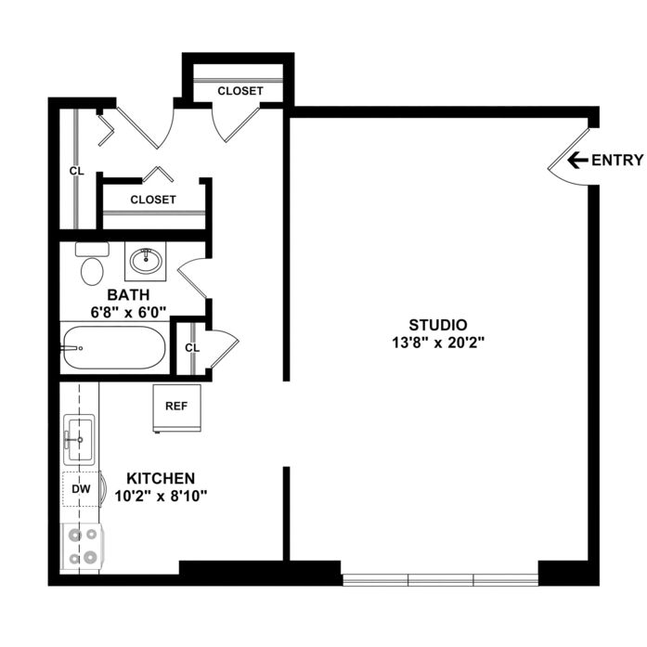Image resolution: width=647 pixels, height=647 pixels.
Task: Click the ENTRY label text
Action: tap(617, 160)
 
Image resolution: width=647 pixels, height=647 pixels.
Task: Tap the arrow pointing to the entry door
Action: tap(577, 160)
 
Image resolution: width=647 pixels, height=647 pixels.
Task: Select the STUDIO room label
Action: tap(438, 325)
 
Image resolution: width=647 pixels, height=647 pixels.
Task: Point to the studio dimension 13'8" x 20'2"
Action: tap(438, 343)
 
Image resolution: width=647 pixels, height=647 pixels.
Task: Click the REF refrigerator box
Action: tap(176, 408)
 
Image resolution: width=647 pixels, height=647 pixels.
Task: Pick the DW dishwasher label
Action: tap(82, 489)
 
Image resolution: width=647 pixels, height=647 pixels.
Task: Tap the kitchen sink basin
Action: tap(79, 440)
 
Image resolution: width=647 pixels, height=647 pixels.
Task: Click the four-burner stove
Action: tap(82, 547)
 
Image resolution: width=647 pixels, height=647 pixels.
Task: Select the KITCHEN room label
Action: tap(161, 479)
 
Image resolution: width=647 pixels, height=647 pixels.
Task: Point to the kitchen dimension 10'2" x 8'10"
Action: tap(161, 497)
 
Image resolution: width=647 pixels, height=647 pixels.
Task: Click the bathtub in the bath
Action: tap(114, 348)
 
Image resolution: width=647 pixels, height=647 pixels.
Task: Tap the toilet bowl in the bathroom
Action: tap(92, 271)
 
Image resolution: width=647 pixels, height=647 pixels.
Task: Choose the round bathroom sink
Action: tap(146, 261)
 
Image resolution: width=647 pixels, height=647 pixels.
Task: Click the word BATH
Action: tap(128, 295)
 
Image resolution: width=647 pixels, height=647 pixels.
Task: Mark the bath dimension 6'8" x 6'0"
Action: tap(128, 312)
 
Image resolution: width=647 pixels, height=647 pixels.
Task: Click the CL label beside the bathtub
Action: tap(192, 348)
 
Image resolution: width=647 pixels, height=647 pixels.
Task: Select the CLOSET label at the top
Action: tap(240, 91)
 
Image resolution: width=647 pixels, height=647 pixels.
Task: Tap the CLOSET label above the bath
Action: tap(153, 200)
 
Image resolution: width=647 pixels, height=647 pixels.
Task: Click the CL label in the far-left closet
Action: tap(77, 171)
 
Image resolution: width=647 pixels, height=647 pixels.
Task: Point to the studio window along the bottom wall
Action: tap(440, 580)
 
